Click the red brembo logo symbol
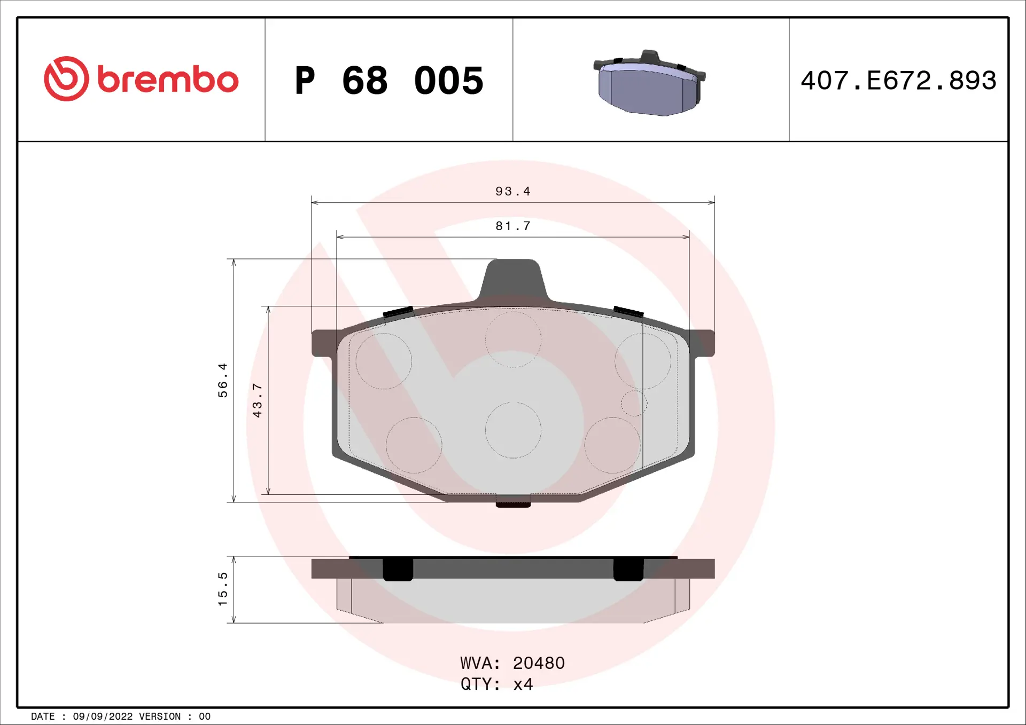pos(66,79)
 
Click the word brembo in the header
pos(168,80)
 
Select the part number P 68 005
pos(389,81)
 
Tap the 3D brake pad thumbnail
pos(649,84)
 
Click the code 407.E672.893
pos(898,81)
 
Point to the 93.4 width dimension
pos(512,192)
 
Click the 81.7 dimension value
pos(512,226)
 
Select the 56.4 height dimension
pos(223,380)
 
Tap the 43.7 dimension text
pos(258,400)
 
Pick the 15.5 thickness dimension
pos(223,589)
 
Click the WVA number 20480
pos(539,663)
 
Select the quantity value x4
pos(523,684)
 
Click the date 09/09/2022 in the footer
pos(103,716)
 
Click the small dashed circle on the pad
pos(634,403)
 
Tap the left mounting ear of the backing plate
pos(323,343)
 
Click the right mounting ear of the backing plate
pos(703,343)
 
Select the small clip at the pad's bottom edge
pos(513,502)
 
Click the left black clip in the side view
pos(398,569)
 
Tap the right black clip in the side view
pos(628,569)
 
